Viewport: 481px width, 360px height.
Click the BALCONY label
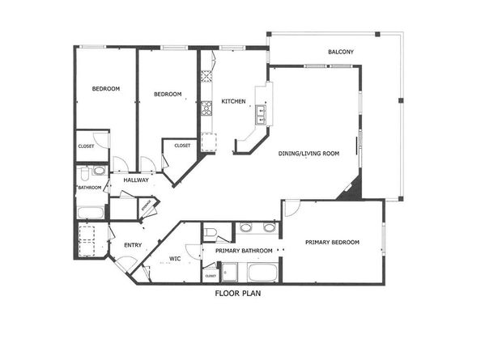click(x=341, y=53)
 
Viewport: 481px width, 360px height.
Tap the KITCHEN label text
click(x=233, y=101)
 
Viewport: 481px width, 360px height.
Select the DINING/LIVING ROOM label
click(x=309, y=152)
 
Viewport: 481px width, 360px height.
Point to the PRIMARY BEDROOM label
click(x=332, y=242)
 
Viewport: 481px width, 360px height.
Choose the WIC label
click(x=174, y=259)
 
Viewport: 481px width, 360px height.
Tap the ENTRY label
click(x=133, y=245)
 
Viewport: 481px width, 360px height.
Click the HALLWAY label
click(x=135, y=180)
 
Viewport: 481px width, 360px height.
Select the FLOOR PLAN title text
click(x=238, y=294)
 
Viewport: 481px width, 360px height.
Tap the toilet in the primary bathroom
click(x=211, y=233)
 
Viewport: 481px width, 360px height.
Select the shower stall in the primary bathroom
click(x=231, y=272)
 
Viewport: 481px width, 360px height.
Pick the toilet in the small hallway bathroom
click(x=99, y=172)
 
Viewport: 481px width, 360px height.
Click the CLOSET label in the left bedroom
click(x=86, y=146)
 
